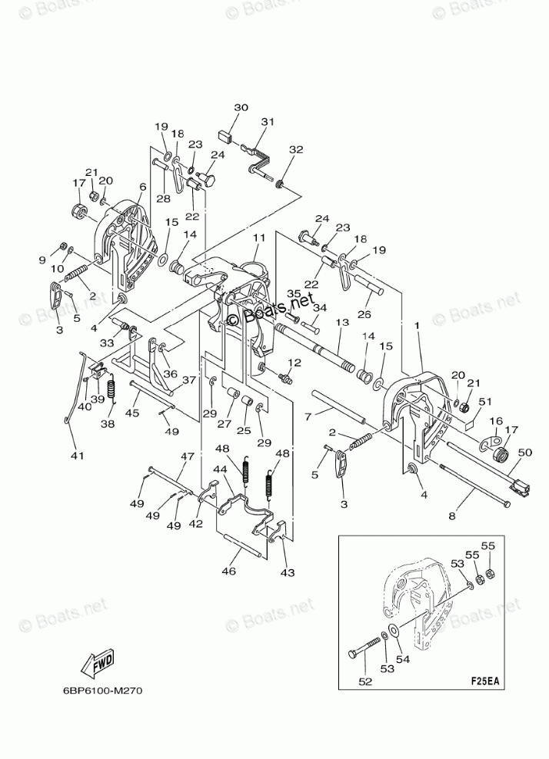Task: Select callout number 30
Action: tap(241, 108)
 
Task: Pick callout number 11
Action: tap(258, 239)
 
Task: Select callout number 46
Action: tap(228, 571)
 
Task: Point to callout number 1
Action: tap(417, 326)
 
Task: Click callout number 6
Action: tap(143, 187)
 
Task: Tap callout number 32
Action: tap(296, 150)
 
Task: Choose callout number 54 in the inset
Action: tap(401, 658)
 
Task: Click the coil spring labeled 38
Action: tap(110, 389)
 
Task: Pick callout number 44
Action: tap(220, 469)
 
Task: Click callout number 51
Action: tap(484, 401)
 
